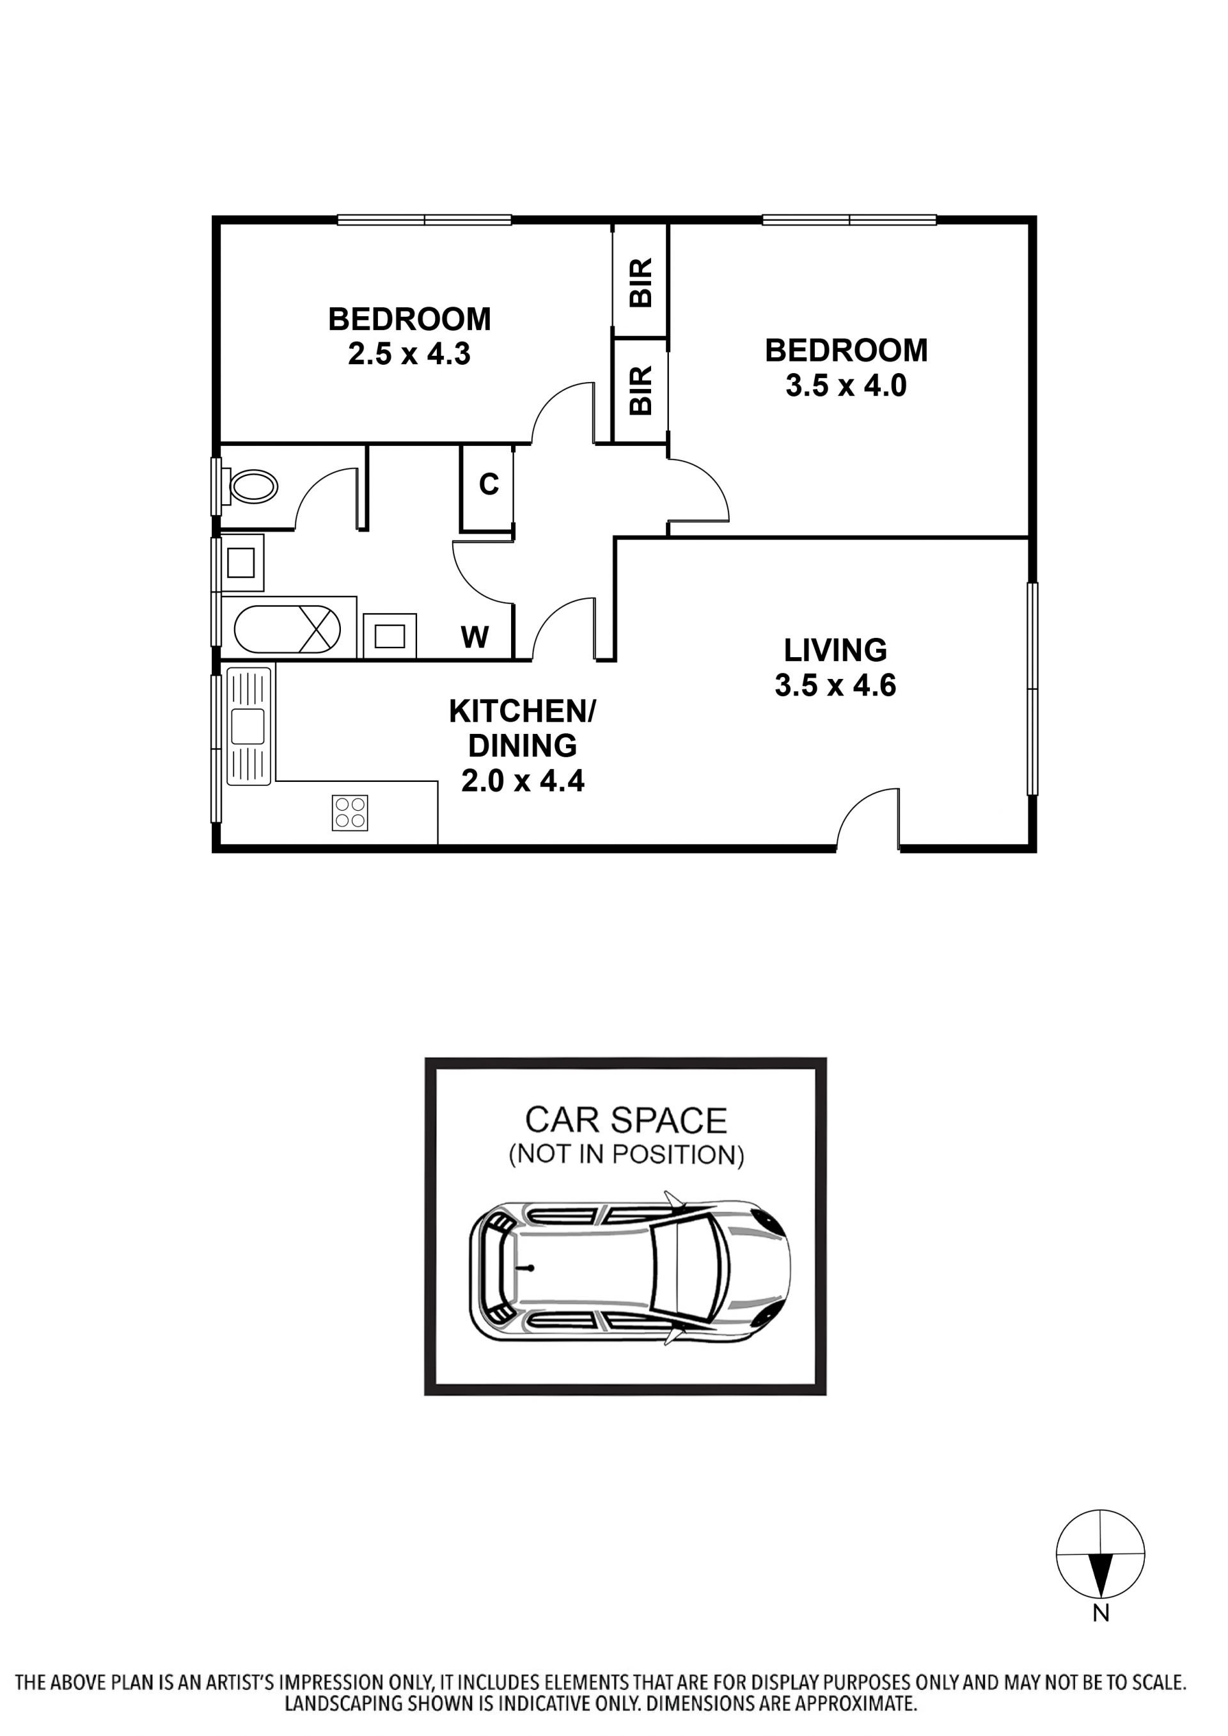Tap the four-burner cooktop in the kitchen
pyautogui.click(x=349, y=813)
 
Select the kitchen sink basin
pyautogui.click(x=248, y=726)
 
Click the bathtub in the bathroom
pyautogui.click(x=287, y=628)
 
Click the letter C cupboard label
pyautogui.click(x=489, y=484)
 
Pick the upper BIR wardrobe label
pyautogui.click(x=640, y=283)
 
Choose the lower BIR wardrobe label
pyautogui.click(x=640, y=390)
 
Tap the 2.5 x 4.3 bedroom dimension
pyautogui.click(x=409, y=354)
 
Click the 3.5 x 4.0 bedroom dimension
pyautogui.click(x=846, y=386)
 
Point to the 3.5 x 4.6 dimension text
pyautogui.click(x=835, y=685)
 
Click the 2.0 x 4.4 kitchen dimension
pyautogui.click(x=523, y=781)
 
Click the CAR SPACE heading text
pyautogui.click(x=626, y=1120)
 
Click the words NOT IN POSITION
pyautogui.click(x=626, y=1155)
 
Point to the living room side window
pyautogui.click(x=1032, y=689)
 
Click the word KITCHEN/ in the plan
pyautogui.click(x=523, y=711)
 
